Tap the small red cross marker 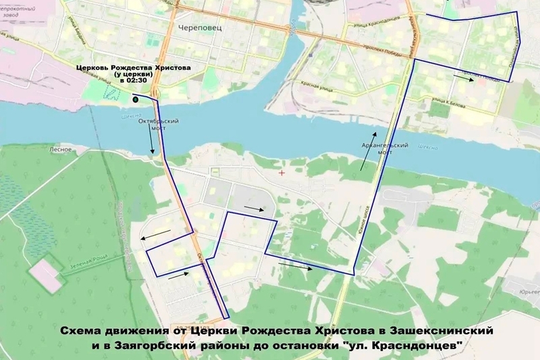point(281,173)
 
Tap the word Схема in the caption point(81,331)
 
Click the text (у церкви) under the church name point(132,74)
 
